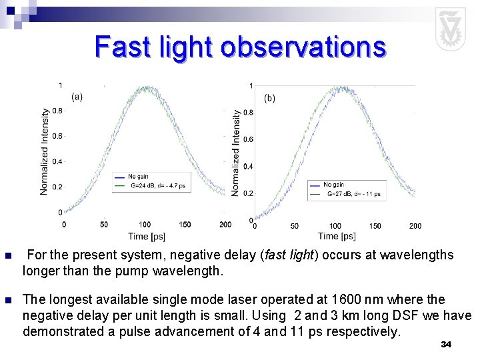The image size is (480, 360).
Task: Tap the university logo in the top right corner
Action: [x=450, y=29]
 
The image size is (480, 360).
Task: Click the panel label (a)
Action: [x=77, y=97]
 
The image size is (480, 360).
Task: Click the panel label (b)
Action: [x=269, y=98]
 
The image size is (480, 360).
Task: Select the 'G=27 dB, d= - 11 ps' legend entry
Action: [x=353, y=194]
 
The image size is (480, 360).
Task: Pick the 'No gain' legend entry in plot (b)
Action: [x=333, y=185]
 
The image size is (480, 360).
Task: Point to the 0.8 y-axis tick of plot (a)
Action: [x=58, y=111]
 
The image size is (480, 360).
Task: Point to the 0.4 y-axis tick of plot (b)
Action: [x=247, y=167]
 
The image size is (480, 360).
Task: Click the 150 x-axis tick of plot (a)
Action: [x=185, y=225]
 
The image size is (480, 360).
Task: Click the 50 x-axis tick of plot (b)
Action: [x=294, y=226]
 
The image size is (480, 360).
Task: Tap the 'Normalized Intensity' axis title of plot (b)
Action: [x=236, y=153]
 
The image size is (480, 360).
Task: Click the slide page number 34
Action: [x=446, y=344]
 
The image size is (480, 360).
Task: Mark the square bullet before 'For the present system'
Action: [x=7, y=256]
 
